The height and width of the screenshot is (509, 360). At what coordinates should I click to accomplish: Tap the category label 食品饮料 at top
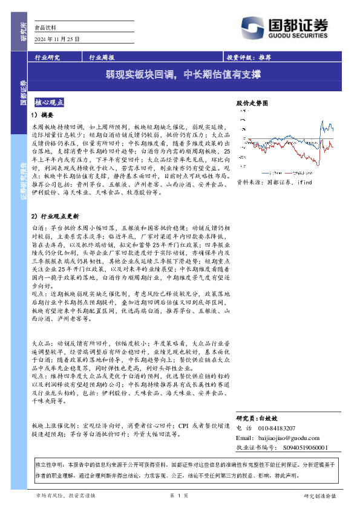tap(45, 28)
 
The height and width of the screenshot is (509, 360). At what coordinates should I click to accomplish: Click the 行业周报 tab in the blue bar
tap(102, 59)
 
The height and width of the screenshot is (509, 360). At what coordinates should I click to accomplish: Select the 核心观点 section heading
tap(50, 103)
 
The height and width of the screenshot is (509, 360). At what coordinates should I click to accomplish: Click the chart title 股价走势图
tap(251, 103)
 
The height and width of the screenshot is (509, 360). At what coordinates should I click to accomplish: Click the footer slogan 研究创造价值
tap(321, 496)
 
